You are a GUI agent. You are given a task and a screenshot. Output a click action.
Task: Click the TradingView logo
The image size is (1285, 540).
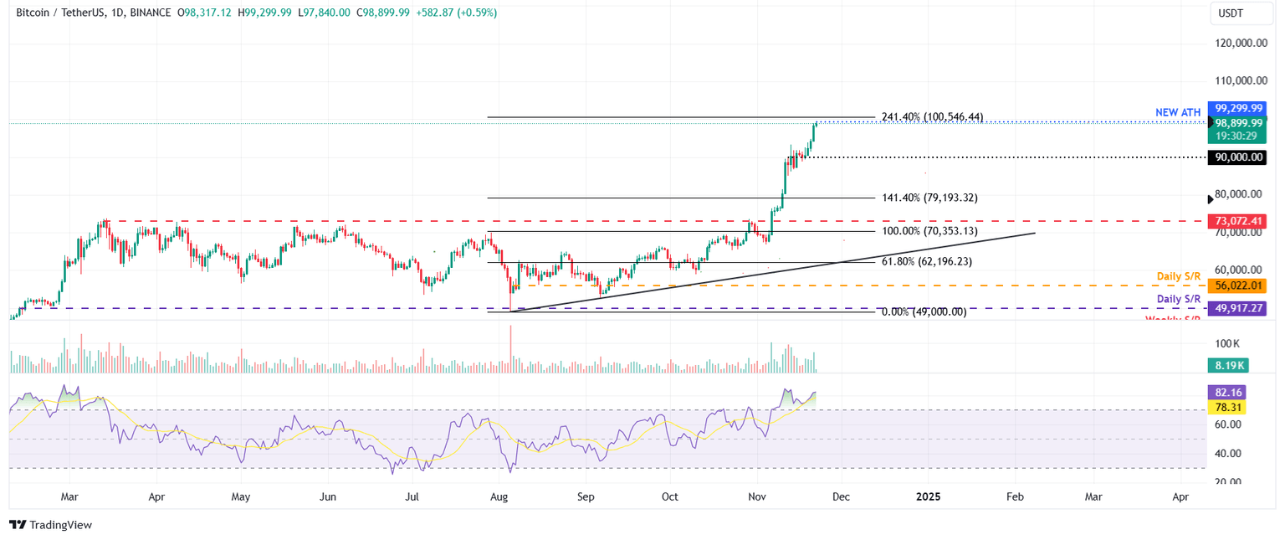click(x=50, y=525)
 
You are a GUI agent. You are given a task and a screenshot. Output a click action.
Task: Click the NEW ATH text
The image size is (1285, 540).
click(x=1179, y=112)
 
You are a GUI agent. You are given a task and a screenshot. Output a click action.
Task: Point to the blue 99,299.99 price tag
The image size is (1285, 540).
click(x=1239, y=108)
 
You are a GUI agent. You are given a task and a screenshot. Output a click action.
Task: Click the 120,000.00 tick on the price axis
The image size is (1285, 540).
click(x=1239, y=43)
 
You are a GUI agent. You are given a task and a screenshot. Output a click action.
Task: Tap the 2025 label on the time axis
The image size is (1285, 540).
click(x=928, y=496)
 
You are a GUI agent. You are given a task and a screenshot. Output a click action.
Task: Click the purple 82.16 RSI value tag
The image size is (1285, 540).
click(x=1227, y=392)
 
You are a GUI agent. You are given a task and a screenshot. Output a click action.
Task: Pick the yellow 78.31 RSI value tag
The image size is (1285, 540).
click(x=1227, y=407)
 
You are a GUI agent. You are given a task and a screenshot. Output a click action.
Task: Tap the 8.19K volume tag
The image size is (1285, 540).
click(x=1227, y=365)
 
